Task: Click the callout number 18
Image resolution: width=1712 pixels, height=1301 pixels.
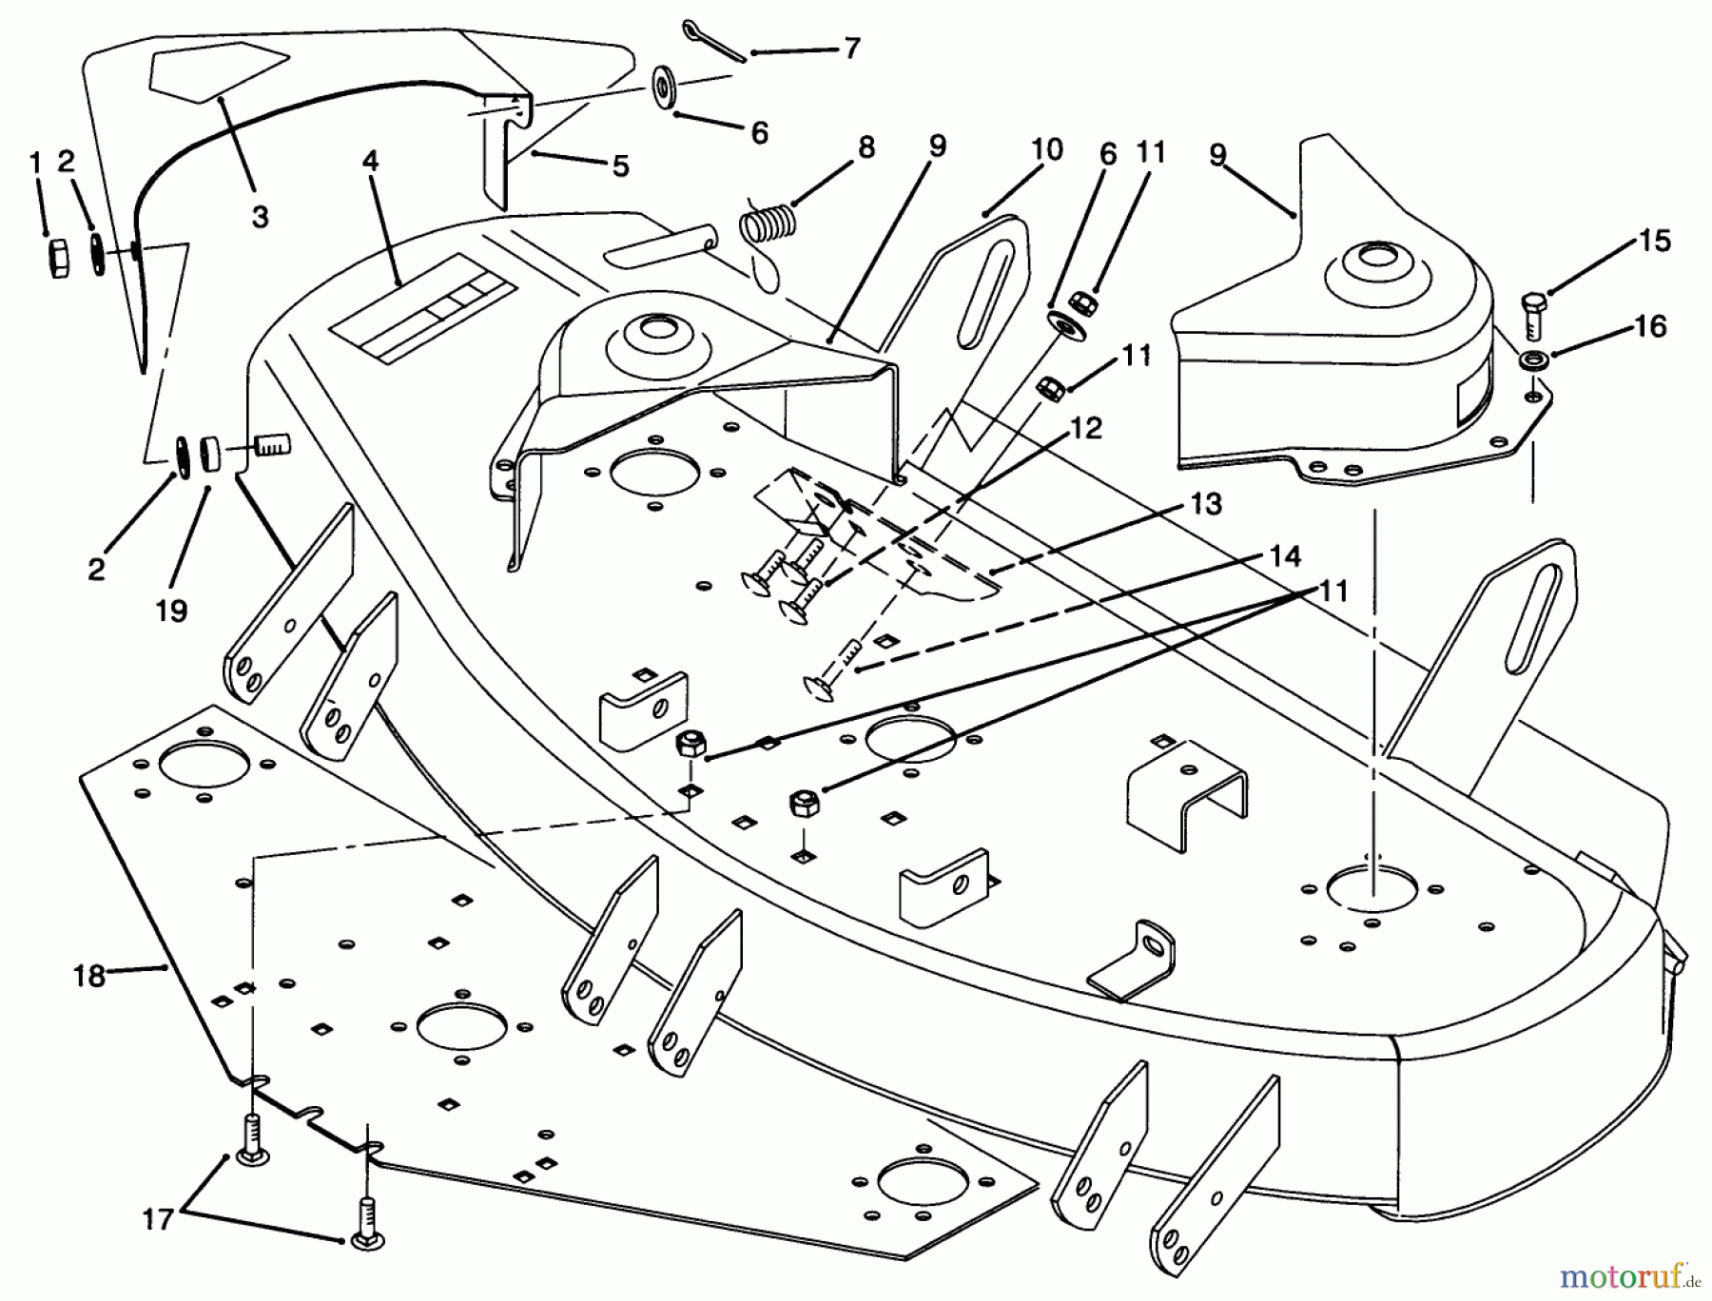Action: pos(89,975)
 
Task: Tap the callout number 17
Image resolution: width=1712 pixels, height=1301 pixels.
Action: pos(158,1217)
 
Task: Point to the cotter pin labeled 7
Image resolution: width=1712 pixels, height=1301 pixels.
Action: pos(711,42)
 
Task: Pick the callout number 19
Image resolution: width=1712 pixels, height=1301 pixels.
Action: pos(171,610)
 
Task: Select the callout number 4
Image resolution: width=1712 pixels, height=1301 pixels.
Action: pos(370,161)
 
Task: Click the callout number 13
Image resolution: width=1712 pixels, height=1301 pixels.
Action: pos(1206,503)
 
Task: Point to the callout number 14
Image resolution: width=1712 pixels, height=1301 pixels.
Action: pos(1285,555)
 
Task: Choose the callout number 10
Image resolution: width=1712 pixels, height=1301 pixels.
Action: pos(1045,151)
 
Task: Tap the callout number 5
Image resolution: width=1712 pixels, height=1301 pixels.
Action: pos(620,166)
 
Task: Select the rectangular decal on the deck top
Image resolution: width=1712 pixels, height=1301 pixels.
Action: pos(422,308)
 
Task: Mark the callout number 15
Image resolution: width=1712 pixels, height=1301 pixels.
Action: pos(1655,241)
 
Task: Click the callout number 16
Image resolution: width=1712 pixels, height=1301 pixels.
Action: pos(1651,326)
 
